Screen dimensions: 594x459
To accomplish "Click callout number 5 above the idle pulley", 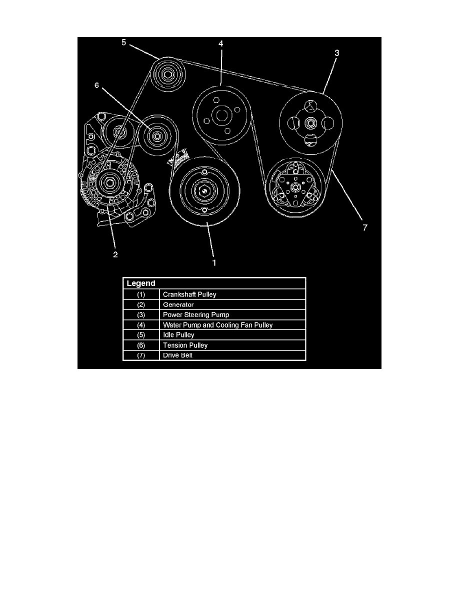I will (123, 42).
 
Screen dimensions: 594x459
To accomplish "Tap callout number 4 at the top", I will (220, 44).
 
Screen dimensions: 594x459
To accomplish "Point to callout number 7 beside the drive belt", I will (365, 227).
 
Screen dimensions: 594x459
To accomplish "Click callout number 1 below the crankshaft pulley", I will (214, 262).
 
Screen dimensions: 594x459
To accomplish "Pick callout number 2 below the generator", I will (115, 254).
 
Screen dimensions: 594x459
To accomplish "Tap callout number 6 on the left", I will (97, 86).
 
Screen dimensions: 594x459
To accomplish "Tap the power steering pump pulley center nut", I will (310, 121).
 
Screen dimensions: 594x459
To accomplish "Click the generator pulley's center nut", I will (108, 182).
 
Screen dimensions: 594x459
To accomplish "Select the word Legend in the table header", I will (141, 283).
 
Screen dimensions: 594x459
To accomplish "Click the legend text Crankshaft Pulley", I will (189, 294).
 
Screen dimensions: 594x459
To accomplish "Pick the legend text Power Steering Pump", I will (194, 315).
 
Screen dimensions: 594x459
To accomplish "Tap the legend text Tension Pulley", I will (185, 345).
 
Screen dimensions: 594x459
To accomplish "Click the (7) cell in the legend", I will (141, 355).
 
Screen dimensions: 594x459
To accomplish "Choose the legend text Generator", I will (178, 304).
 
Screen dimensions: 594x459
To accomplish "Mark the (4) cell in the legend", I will (141, 325).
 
